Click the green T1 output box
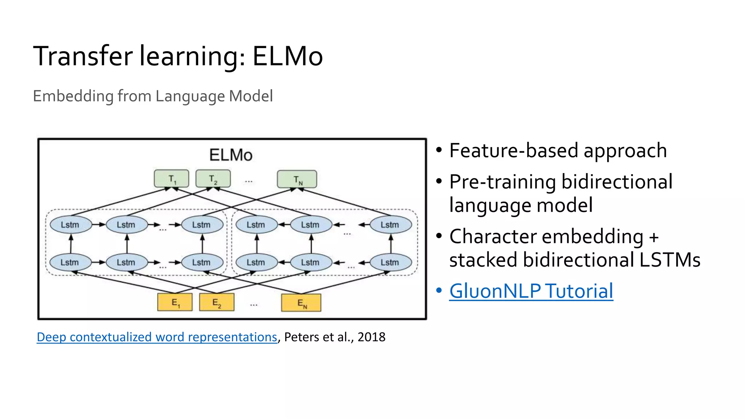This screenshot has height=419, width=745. (171, 179)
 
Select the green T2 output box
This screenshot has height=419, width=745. (213, 179)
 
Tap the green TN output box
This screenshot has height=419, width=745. (297, 179)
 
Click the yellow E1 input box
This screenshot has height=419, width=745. (175, 303)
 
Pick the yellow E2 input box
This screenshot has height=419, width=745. (216, 303)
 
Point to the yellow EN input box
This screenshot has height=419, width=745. (301, 303)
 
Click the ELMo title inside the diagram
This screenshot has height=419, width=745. (231, 155)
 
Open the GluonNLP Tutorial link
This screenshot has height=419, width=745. (531, 291)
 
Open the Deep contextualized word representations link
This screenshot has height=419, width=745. (157, 337)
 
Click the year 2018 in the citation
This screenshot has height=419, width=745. (371, 337)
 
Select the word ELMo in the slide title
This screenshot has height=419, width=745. (287, 56)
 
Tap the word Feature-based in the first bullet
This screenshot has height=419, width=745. (514, 151)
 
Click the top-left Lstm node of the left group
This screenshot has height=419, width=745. (70, 225)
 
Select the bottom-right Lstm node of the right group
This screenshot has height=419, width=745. (390, 262)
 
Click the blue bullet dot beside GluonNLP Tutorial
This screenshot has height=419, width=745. (439, 291)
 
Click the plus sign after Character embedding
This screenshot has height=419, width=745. (654, 237)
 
